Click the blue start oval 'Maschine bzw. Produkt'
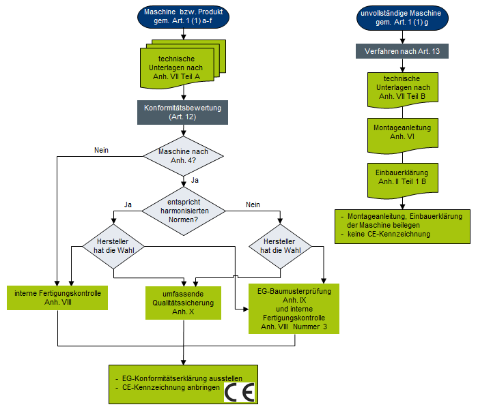183,17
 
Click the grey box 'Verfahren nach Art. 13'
402,52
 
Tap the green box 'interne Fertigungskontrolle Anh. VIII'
57,295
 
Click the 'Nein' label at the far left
101,150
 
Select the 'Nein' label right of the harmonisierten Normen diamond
253,204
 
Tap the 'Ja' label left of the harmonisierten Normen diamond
128,204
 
